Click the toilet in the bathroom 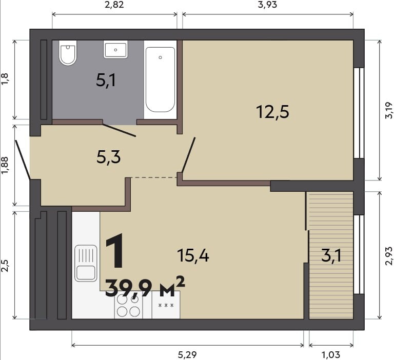tap(68, 53)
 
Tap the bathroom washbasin tap(115, 50)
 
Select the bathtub tap(160, 79)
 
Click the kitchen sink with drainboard tap(86, 263)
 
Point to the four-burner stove tap(128, 305)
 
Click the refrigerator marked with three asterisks tap(166, 305)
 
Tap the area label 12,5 tap(272, 112)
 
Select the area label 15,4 tap(193, 256)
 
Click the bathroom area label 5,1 tap(106, 81)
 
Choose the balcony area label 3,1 tap(331, 256)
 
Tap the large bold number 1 tap(114, 251)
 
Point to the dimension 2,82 tap(114, 5)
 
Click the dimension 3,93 tap(268, 5)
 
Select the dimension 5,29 tap(187, 355)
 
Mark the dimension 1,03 tap(331, 355)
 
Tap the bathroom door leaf tap(120, 130)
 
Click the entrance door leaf tap(23, 160)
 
